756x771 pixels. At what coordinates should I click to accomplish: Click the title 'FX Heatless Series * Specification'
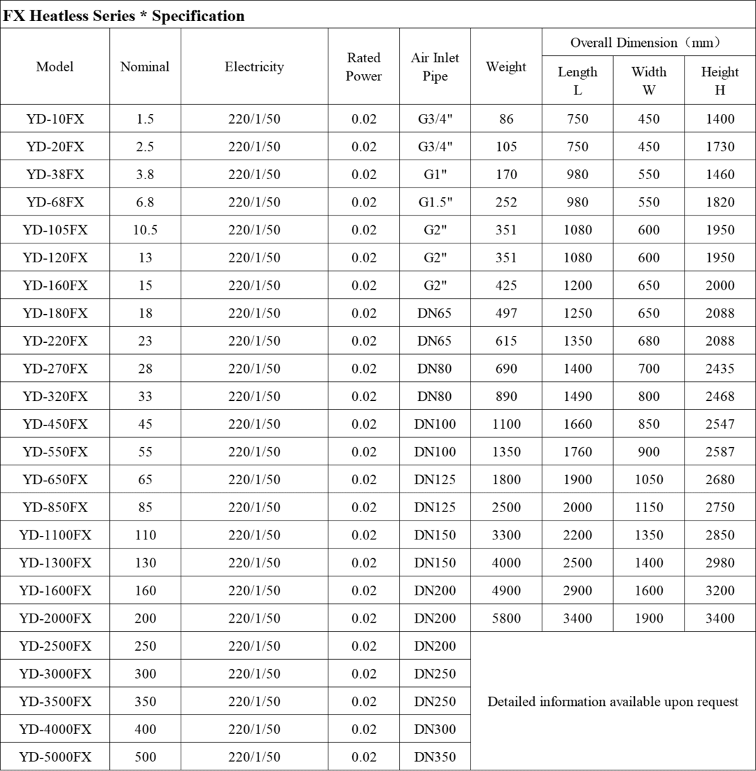(124, 15)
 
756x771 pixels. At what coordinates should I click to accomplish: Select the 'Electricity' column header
(254, 67)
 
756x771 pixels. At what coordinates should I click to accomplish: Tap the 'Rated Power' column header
(364, 67)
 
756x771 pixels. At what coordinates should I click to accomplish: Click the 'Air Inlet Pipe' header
(435, 67)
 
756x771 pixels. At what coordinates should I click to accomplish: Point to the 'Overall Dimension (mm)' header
(645, 43)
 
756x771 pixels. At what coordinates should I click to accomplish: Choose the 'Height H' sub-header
(720, 80)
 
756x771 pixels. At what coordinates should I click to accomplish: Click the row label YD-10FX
(55, 119)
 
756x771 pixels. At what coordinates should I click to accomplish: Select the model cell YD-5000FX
(55, 757)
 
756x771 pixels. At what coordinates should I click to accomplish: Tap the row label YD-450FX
(55, 424)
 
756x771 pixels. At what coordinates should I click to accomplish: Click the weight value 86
(506, 119)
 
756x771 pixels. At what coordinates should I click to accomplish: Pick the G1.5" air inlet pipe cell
(435, 202)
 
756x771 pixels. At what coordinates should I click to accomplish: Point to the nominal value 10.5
(145, 229)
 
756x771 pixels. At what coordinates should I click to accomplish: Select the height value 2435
(720, 369)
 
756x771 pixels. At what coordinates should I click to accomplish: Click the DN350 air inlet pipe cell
(435, 757)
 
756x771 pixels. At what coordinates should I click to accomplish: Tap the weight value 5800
(506, 618)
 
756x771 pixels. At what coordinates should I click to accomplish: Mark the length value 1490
(577, 397)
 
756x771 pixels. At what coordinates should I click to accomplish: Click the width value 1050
(648, 480)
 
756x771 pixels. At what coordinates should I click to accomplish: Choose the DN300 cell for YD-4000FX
(435, 729)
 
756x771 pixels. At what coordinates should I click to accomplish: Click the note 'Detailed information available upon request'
(612, 702)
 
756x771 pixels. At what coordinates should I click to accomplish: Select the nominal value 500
(145, 757)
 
